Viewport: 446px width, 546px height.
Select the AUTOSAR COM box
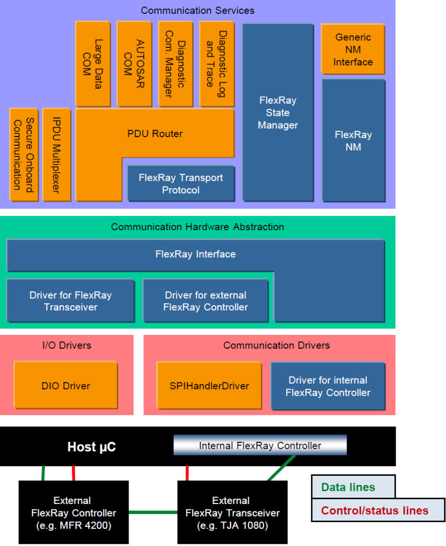133,63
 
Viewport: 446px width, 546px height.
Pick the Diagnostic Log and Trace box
216,63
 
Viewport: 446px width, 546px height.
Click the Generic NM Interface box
353,49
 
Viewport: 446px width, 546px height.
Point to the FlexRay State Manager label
278,113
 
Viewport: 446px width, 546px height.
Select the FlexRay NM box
353,140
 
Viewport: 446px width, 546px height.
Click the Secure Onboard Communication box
23,154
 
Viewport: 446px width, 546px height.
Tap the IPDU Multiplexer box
56,154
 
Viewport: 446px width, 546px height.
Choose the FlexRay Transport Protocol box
181,183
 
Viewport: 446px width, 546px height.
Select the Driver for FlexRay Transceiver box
70,300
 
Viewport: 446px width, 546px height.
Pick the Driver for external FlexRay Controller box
205,301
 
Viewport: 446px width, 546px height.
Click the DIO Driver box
65,386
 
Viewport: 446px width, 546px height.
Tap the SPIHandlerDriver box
209,386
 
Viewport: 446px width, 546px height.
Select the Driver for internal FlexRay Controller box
328,387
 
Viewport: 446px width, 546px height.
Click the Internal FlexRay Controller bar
260,446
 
